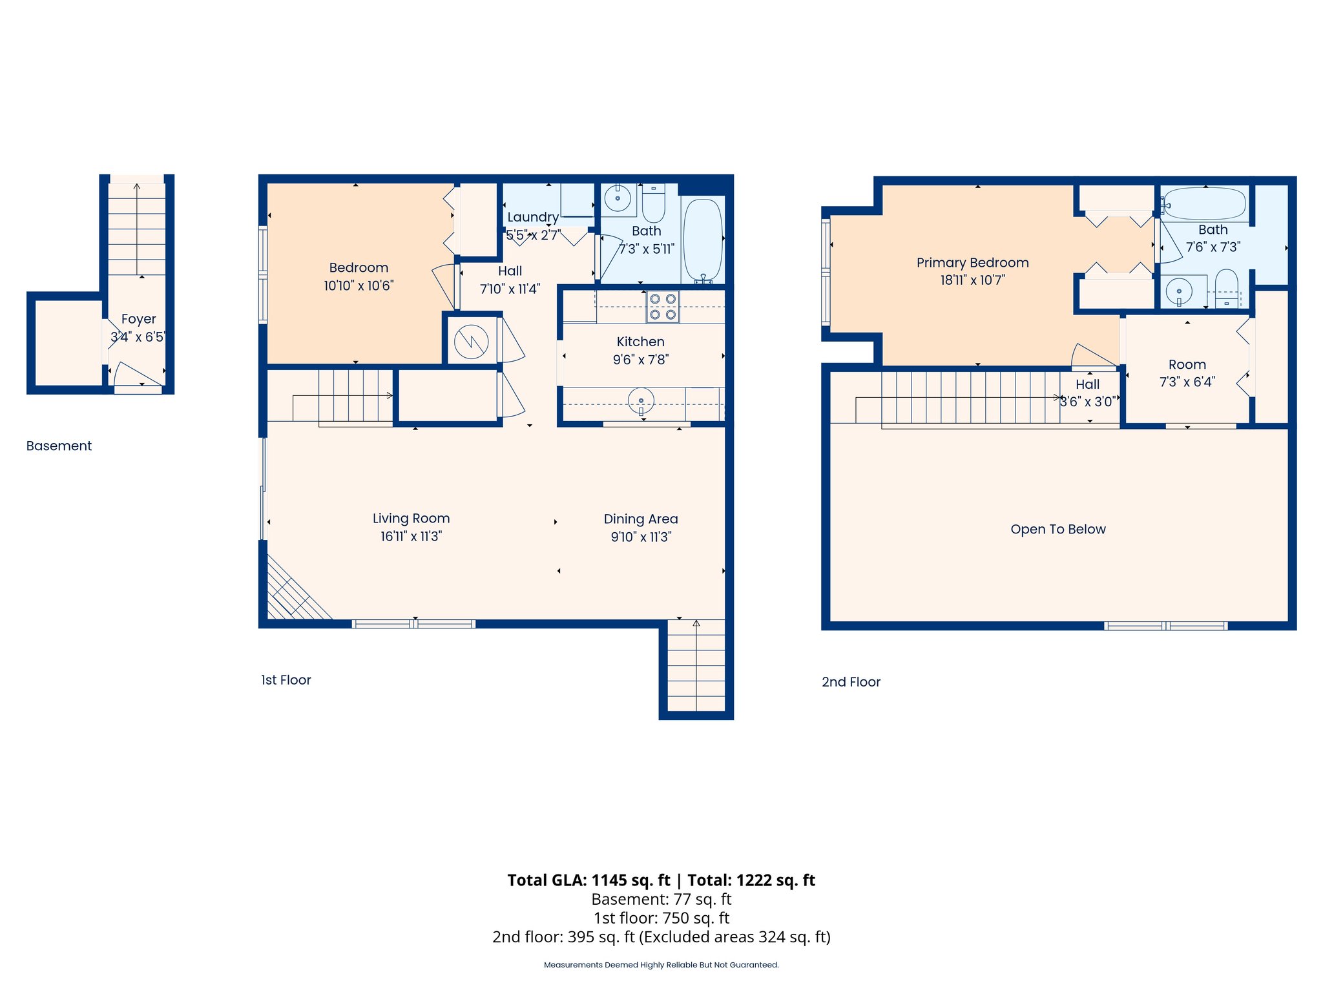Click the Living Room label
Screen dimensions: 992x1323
411,519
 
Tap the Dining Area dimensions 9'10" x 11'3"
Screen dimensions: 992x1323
641,537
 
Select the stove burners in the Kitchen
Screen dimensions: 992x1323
663,307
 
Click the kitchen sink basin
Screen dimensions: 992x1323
641,400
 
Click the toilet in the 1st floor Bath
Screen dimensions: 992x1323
653,203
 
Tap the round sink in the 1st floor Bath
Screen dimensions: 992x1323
618,197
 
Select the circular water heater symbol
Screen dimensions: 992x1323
471,342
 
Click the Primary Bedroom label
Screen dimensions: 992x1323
972,263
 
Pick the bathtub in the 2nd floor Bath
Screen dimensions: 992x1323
1205,203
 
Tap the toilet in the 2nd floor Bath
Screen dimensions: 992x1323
1226,289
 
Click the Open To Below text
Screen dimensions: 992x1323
1057,530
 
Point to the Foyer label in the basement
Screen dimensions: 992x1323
138,319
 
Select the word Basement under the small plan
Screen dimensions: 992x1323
59,446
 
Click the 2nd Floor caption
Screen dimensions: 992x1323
851,682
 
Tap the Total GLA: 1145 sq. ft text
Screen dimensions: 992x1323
589,880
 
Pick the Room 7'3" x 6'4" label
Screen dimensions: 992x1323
1187,373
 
